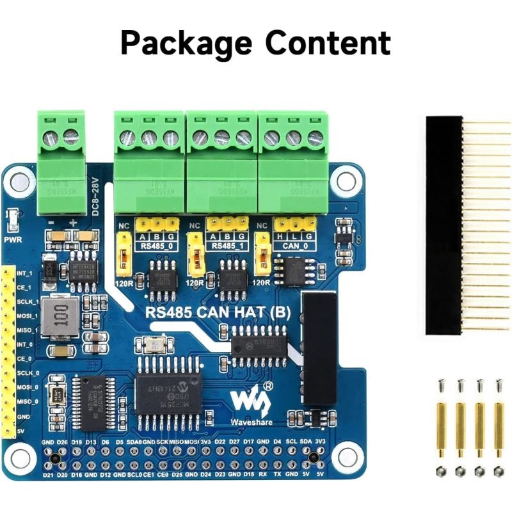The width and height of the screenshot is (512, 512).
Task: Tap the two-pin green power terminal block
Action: pos(61,160)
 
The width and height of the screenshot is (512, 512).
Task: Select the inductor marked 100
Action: pos(62,317)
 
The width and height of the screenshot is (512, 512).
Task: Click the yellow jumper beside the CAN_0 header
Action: pos(260,253)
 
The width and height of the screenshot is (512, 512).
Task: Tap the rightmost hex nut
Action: pos(499,472)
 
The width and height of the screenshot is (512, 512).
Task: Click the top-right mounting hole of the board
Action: pos(346,181)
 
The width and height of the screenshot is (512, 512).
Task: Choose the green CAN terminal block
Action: pos(292,160)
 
